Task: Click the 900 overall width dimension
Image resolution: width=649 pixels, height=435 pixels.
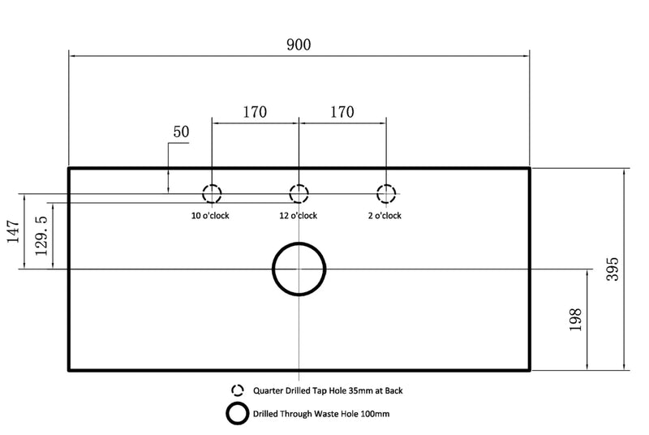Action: click(299, 45)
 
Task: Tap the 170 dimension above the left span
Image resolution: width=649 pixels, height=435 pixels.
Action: click(255, 112)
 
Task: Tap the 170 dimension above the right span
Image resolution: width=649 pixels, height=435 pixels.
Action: click(342, 112)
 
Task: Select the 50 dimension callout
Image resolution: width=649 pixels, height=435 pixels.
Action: click(181, 131)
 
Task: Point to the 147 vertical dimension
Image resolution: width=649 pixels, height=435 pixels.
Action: click(13, 231)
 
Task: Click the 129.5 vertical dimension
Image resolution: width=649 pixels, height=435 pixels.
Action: click(41, 235)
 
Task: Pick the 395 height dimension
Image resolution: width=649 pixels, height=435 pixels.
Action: click(612, 269)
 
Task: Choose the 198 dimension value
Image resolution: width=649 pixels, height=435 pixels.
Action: click(575, 320)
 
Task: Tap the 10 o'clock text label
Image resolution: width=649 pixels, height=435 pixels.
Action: click(210, 216)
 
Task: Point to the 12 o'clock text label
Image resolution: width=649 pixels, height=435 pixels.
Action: click(298, 216)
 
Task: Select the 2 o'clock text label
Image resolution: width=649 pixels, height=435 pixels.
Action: click(385, 216)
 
